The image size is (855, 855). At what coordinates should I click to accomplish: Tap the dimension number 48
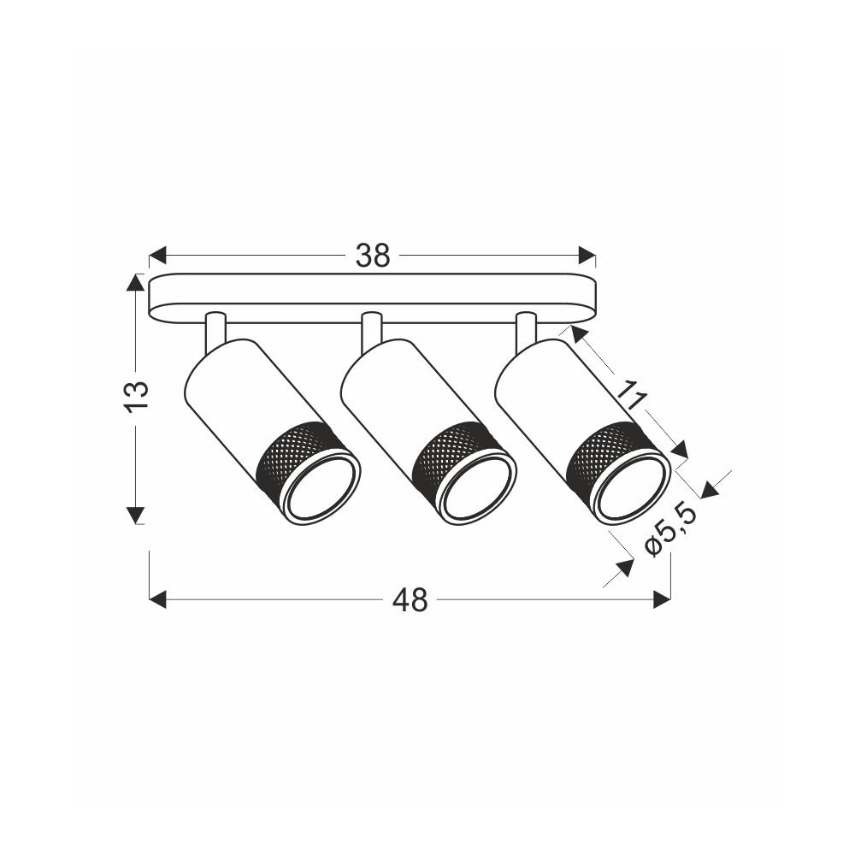(x=410, y=600)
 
